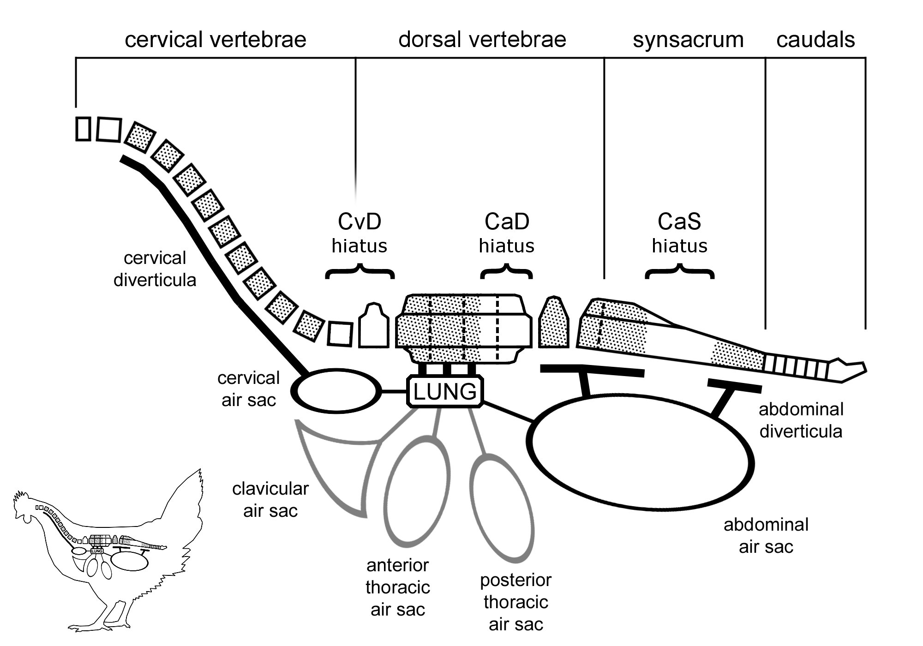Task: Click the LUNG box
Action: point(445,392)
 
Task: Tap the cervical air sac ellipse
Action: point(336,391)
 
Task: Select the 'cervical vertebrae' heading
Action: point(216,40)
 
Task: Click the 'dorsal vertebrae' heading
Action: point(482,40)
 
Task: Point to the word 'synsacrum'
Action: point(688,40)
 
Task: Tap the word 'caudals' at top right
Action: point(815,40)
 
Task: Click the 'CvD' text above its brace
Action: point(360,221)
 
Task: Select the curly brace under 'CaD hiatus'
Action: point(507,272)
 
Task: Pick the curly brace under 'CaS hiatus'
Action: point(679,272)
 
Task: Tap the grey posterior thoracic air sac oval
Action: point(502,508)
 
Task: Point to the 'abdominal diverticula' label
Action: point(800,420)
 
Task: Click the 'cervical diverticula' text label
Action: point(155,269)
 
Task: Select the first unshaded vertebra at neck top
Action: point(83,129)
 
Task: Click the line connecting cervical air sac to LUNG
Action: point(394,392)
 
